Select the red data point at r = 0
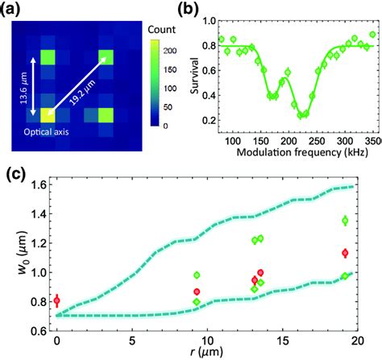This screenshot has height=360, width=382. tap(56, 300)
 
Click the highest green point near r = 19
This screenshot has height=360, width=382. tap(345, 220)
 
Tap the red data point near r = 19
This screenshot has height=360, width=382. tap(345, 252)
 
